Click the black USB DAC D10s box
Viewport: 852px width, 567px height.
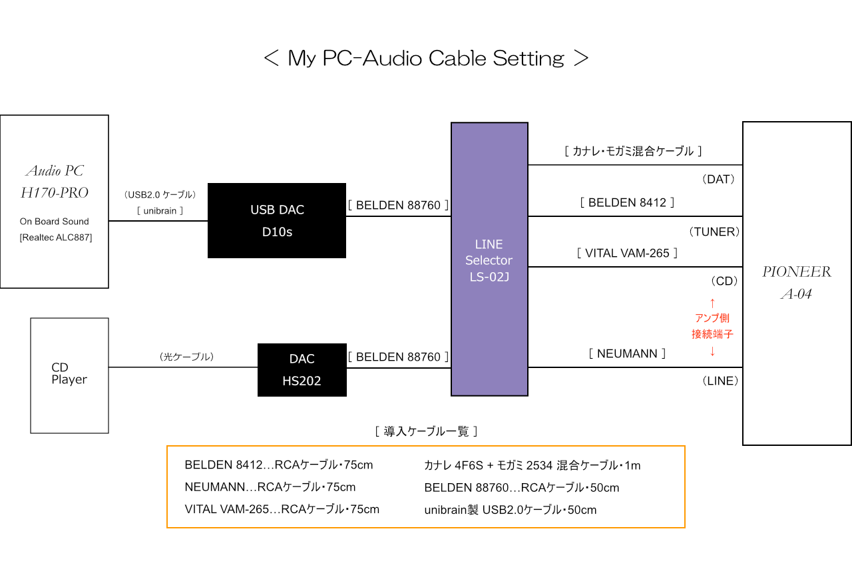click(276, 220)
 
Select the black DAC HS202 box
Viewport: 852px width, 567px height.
click(302, 369)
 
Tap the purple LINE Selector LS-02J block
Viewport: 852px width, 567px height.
click(489, 260)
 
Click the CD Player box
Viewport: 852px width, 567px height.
click(69, 375)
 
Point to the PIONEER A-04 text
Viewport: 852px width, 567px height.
click(797, 282)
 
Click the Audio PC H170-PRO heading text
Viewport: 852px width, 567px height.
click(54, 182)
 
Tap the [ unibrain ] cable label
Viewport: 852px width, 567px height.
click(160, 211)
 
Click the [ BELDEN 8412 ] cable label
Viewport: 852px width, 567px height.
click(627, 202)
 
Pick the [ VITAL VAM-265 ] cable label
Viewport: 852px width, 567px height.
click(627, 253)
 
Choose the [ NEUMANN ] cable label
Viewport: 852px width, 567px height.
click(627, 353)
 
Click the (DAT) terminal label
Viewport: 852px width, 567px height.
click(718, 180)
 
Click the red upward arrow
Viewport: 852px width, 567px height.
click(712, 302)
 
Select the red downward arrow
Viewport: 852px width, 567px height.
click(712, 351)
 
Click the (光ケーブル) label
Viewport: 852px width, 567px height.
click(186, 357)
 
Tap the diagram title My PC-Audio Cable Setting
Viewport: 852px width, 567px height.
click(426, 59)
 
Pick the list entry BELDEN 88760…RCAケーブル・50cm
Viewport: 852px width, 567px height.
click(522, 488)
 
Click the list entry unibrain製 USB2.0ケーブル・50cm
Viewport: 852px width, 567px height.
click(510, 510)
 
